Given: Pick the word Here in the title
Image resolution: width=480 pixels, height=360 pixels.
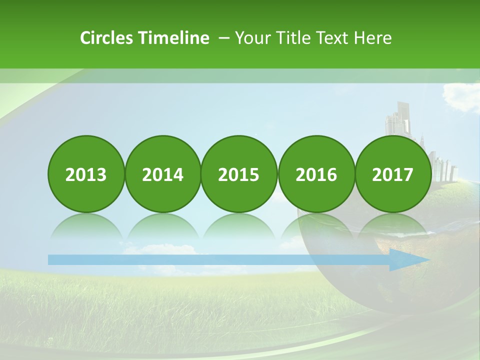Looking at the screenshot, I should point(372,38).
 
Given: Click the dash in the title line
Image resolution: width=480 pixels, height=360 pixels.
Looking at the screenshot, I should point(224,38).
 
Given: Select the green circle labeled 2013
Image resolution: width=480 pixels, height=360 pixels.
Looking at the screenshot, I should point(86,174).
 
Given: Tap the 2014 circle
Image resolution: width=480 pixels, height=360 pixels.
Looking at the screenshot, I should point(162,174).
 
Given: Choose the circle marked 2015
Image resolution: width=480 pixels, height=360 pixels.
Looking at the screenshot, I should point(239,174).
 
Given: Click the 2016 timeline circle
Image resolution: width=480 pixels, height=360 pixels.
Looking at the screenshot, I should point(316,174).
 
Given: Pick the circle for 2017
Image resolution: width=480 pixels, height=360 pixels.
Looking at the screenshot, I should point(392,174).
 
